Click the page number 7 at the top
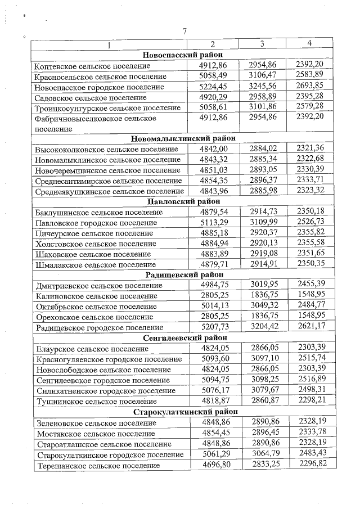pos(184,31)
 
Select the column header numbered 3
pos(262,44)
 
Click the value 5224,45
pos(214,87)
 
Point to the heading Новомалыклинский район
pos(183,138)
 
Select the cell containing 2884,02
pos(263,148)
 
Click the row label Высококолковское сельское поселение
pos(106,149)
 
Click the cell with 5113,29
pos(214,223)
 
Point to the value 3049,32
pos(263,305)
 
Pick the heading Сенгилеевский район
pos(183,337)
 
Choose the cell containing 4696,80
pos(214,465)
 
